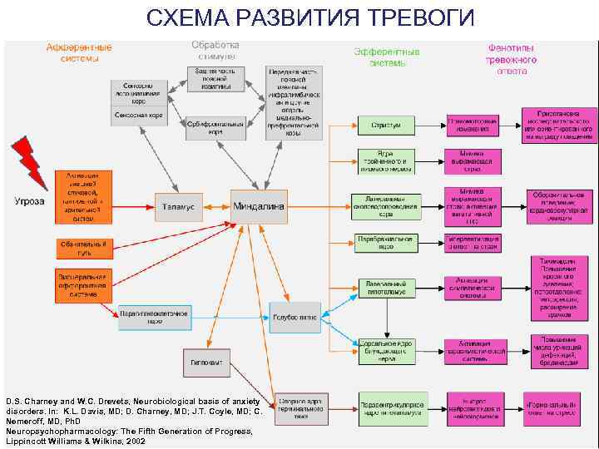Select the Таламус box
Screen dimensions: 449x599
[178, 206]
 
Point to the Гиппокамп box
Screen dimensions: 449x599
[206, 362]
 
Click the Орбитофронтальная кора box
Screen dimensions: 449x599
[216, 127]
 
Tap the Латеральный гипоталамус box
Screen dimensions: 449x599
[385, 288]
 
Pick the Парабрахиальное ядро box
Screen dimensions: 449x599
[385, 243]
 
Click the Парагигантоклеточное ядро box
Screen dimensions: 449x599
[156, 317]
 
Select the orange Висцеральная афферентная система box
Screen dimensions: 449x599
[82, 283]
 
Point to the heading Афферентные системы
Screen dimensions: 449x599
[80, 52]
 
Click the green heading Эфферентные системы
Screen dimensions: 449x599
[387, 57]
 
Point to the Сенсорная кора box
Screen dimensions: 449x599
[138, 115]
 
